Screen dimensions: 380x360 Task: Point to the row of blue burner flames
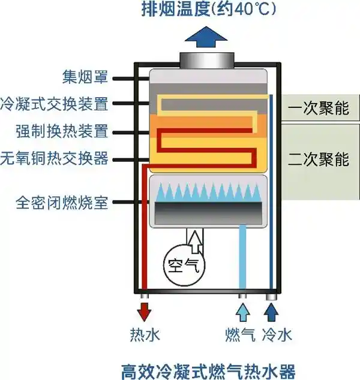[x=207, y=192]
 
